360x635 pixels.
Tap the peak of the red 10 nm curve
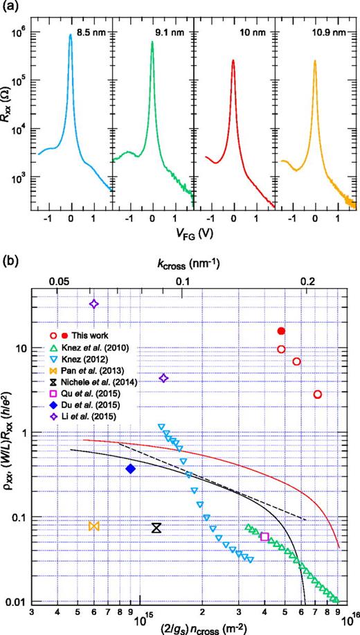(233, 61)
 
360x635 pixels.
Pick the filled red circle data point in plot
(281, 331)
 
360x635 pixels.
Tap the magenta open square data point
(264, 537)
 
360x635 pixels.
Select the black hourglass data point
(157, 528)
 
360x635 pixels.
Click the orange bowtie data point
(94, 526)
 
